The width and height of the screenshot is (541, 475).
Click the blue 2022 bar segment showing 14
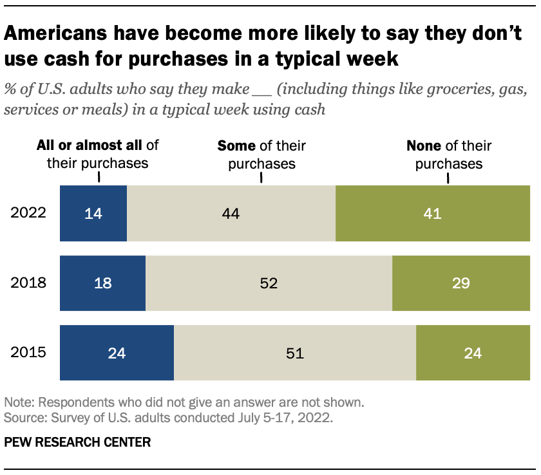(x=93, y=213)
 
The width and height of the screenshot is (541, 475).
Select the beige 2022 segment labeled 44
(x=231, y=213)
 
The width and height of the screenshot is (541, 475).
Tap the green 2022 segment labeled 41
(x=432, y=213)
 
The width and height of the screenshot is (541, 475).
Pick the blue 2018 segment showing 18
(x=102, y=283)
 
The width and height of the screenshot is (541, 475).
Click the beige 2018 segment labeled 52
(x=269, y=283)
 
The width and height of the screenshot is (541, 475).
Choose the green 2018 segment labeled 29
(x=460, y=283)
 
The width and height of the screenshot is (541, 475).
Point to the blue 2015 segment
(x=117, y=353)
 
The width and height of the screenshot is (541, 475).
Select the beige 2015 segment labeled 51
(x=294, y=353)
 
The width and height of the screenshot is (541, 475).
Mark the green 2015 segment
(x=473, y=353)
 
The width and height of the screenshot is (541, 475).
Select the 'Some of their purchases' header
(x=261, y=154)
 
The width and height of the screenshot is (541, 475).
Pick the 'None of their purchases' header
(x=448, y=154)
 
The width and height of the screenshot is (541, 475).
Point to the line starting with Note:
(x=185, y=403)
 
